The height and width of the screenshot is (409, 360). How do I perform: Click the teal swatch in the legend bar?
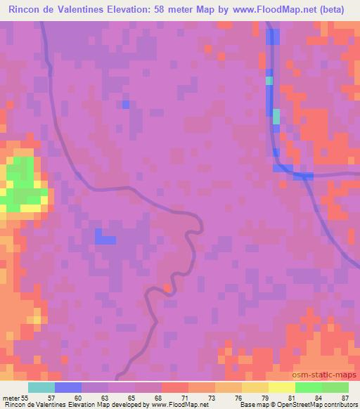(41, 387)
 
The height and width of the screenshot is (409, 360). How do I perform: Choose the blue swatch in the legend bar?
(68, 387)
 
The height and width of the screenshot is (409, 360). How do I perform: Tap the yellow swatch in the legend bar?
(281, 387)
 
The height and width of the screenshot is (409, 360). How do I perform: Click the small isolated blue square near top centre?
(126, 104)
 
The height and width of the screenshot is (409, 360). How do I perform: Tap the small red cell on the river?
(167, 287)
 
